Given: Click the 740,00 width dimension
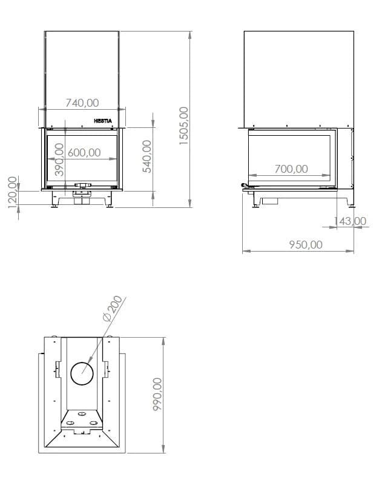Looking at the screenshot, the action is [x=82, y=102].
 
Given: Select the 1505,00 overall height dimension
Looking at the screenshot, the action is [x=184, y=125].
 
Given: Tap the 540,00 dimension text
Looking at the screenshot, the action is [x=147, y=156].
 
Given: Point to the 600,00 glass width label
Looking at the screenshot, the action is [x=84, y=153].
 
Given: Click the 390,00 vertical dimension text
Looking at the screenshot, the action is [x=59, y=159].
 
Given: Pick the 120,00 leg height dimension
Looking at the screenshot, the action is [x=12, y=192].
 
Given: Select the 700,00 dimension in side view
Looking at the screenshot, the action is [x=291, y=169].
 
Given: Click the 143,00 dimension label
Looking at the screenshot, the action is [x=350, y=221].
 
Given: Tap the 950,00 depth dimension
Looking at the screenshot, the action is [x=306, y=245].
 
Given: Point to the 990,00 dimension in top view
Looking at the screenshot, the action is [x=157, y=394].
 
